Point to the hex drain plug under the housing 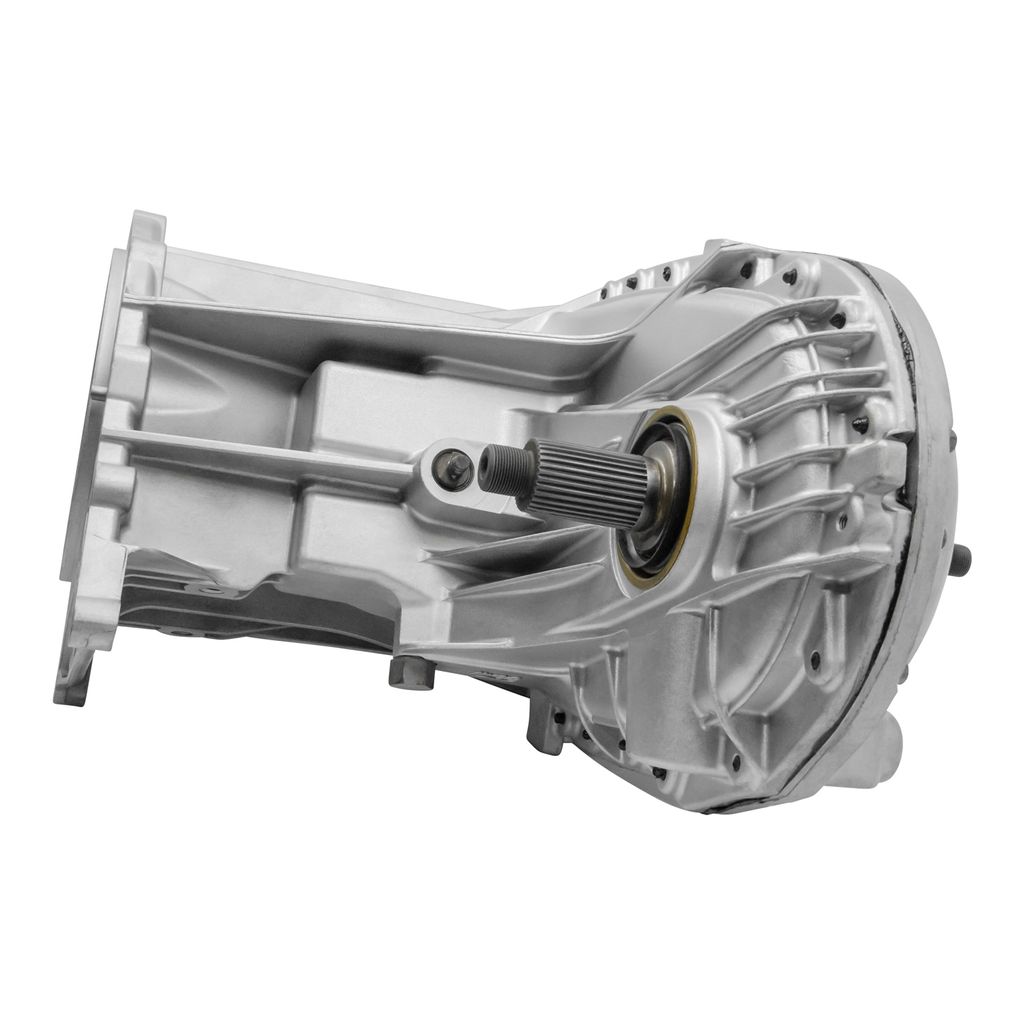pos(411,672)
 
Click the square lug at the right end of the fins pos(885,460)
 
